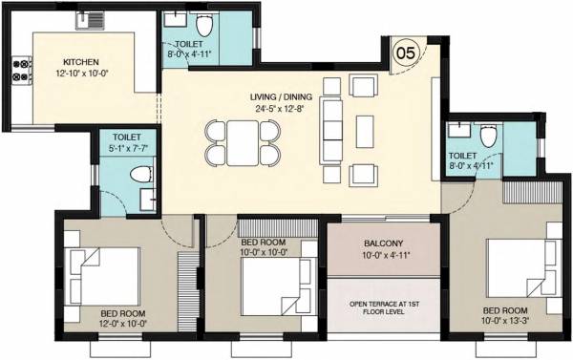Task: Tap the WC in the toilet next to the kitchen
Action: click(x=140, y=174)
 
